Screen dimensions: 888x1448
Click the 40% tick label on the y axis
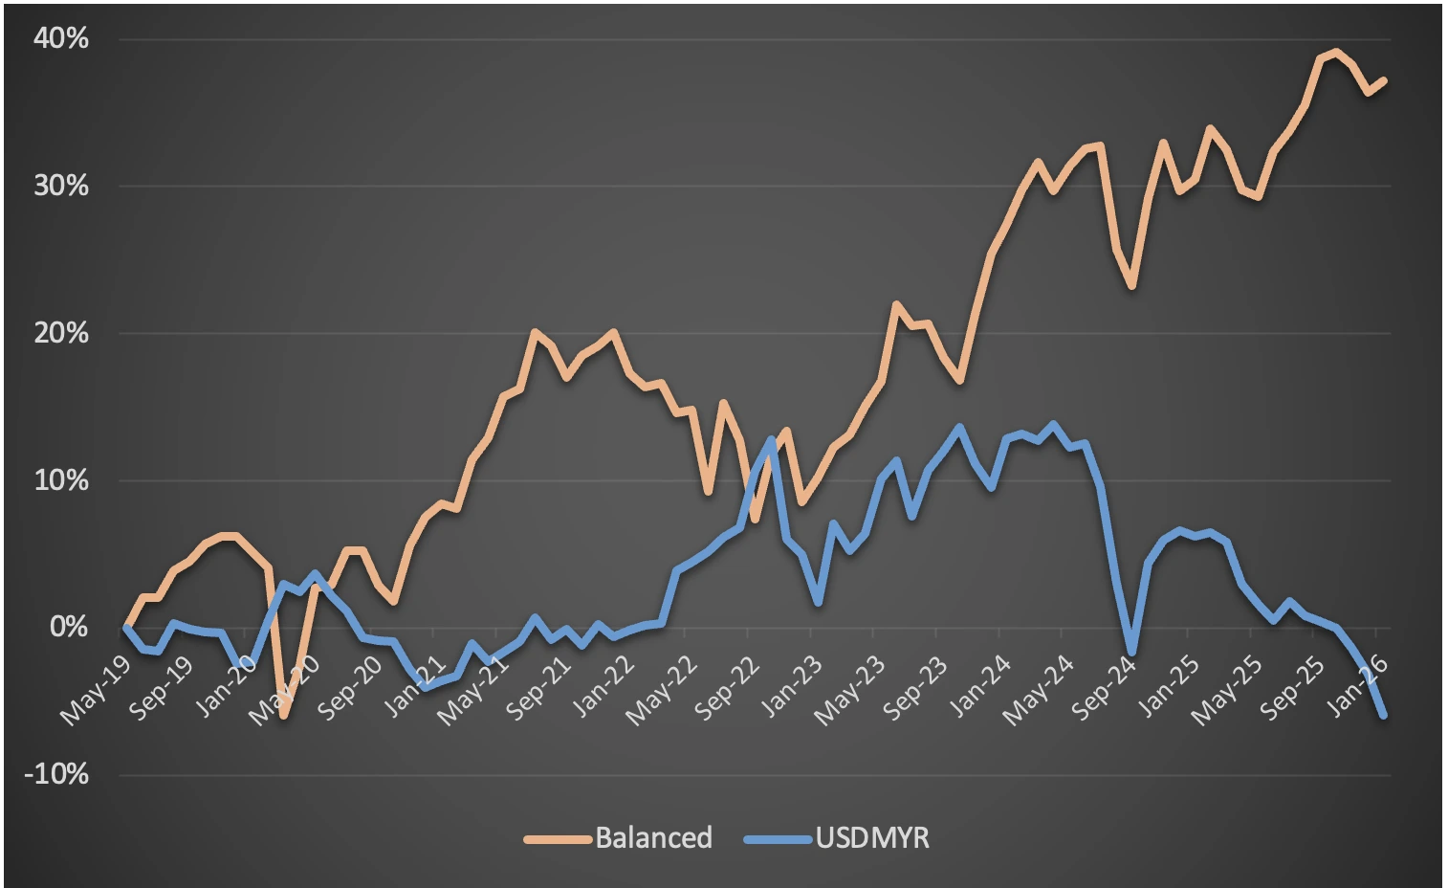click(x=61, y=38)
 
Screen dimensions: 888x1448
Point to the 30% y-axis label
click(x=61, y=186)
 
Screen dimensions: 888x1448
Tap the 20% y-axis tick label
click(x=61, y=333)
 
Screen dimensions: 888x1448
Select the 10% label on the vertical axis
click(x=61, y=480)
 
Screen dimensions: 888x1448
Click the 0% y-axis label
click(x=69, y=628)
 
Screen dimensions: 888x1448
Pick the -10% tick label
click(x=56, y=774)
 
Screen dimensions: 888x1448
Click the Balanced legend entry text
click(x=654, y=838)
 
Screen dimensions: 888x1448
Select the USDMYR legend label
click(x=872, y=838)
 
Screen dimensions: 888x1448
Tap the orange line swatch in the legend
click(x=558, y=839)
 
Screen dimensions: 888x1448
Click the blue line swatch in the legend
click(x=778, y=839)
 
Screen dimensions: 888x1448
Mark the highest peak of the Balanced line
click(x=1335, y=52)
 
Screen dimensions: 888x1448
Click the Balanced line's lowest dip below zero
click(x=284, y=715)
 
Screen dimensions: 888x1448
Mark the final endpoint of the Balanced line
click(x=1384, y=80)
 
